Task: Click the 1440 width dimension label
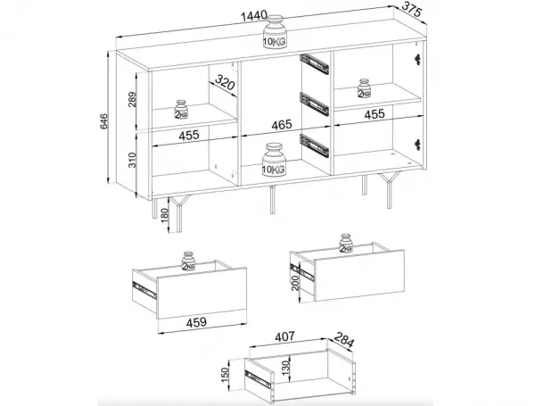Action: coord(254,16)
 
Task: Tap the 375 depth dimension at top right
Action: coord(413,9)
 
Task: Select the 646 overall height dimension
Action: coord(103,121)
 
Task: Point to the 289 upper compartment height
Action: coord(132,99)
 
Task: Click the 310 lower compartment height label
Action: coord(132,160)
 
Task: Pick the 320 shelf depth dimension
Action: coord(226,84)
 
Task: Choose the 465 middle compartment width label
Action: coord(282,125)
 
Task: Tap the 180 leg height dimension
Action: coord(164,216)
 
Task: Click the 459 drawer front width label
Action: coord(196,322)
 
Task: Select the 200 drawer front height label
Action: coord(295,283)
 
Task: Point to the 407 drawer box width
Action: coord(284,336)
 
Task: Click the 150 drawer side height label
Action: coord(224,375)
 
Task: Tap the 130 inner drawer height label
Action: coord(285,367)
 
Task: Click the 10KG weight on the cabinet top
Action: coord(275,32)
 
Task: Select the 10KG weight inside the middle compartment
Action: coord(274,160)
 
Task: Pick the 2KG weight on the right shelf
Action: coord(364,88)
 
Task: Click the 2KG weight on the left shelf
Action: coord(181,109)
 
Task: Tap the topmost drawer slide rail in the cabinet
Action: coord(314,64)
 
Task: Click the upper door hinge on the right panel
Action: coord(416,59)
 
